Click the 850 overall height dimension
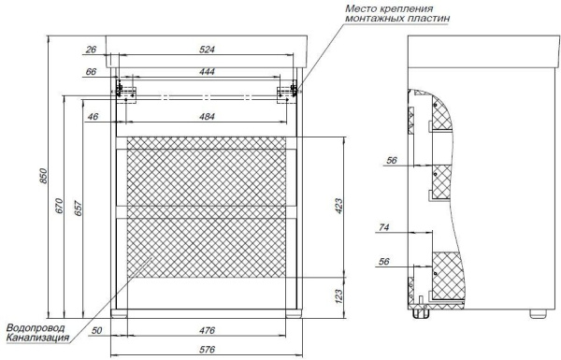(x=43, y=176)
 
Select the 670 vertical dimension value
(x=59, y=206)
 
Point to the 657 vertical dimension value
(x=79, y=209)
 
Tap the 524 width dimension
(x=207, y=50)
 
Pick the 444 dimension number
(x=207, y=72)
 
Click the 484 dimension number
(x=207, y=117)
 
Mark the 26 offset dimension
(x=92, y=50)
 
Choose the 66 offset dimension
(x=91, y=72)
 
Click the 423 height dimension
(x=338, y=207)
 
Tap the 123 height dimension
(x=338, y=296)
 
